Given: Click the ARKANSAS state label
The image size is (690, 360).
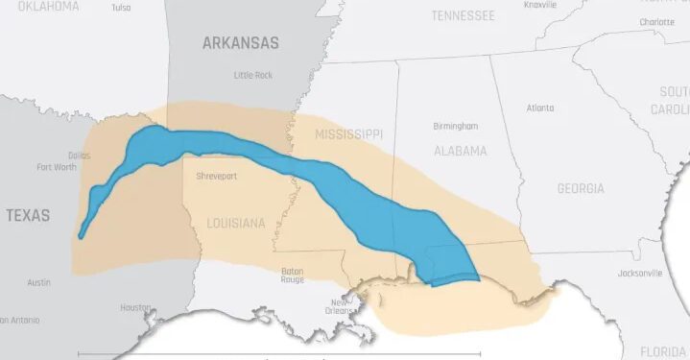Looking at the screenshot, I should [x=240, y=42].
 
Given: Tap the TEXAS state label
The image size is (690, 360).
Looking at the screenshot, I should [x=28, y=215].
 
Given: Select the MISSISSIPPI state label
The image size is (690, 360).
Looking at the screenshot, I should [x=348, y=133].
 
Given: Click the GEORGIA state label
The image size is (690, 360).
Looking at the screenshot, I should [x=581, y=188].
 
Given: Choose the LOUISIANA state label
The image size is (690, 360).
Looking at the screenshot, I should [x=235, y=223].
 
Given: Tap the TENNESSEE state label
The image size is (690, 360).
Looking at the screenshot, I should [x=463, y=15].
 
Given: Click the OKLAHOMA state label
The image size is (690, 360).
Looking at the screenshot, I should [x=39, y=6].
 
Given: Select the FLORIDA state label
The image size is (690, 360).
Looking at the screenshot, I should [x=663, y=350].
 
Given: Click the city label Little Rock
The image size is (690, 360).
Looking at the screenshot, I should [x=253, y=75].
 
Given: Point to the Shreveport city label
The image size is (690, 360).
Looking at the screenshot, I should [x=216, y=177].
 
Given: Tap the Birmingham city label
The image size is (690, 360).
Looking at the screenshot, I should [x=455, y=126].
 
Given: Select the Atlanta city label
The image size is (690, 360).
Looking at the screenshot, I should [x=540, y=108].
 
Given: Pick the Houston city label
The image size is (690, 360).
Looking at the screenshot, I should [x=135, y=307].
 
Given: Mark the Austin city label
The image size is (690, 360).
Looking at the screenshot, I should [x=38, y=282].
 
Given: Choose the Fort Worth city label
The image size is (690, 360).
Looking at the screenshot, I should [x=57, y=166].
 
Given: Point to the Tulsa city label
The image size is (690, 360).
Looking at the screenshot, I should [x=121, y=7].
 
